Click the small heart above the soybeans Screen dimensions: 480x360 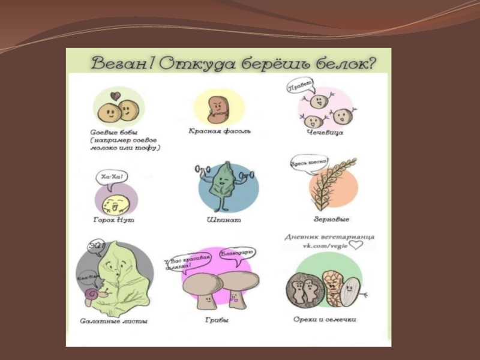pyautogui.click(x=115, y=95)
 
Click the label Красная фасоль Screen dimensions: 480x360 pyautogui.click(x=220, y=130)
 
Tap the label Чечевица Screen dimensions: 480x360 pyautogui.click(x=325, y=133)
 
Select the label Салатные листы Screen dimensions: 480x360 pyautogui.click(x=114, y=321)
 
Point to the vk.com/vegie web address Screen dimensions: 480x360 pyautogui.click(x=322, y=246)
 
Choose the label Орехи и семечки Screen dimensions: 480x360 pyautogui.click(x=329, y=320)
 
